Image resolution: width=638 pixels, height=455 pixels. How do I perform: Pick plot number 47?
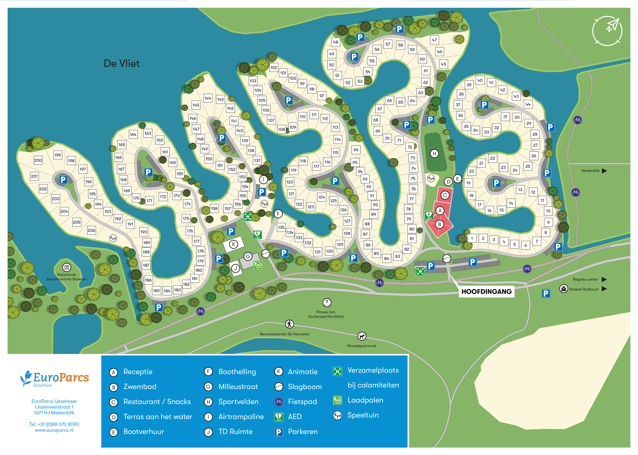coord(434,40)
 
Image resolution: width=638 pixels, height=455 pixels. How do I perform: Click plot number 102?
coord(274,68)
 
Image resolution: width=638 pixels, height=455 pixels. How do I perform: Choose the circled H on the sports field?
coord(434,154)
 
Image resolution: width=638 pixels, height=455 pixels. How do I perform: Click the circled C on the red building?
coord(445,195)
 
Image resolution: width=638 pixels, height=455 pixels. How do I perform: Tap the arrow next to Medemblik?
coord(604,171)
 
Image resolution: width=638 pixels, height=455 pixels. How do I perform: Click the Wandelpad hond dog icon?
coord(362,336)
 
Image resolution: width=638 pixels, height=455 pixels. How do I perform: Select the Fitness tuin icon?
coord(327,302)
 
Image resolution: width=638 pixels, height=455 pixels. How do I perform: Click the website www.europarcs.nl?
coord(54,430)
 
